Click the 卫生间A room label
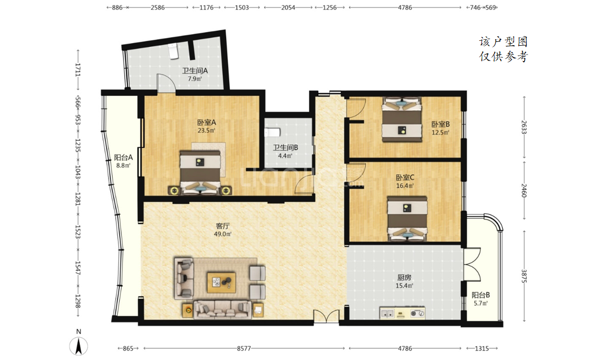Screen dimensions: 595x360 195,71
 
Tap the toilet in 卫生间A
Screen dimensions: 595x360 173,51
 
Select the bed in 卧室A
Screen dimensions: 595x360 200,173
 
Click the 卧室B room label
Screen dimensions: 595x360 440,124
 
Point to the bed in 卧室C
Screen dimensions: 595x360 407,218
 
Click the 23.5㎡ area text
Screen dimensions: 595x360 206,131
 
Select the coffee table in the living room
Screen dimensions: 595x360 221,282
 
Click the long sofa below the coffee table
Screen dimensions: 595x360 222,309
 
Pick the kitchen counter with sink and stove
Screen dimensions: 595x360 403,313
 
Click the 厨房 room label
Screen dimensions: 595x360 405,278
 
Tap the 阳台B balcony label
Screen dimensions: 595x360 481,295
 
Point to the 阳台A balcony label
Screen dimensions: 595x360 124,157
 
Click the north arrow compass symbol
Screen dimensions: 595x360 78,346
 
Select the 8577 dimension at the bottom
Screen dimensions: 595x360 244,348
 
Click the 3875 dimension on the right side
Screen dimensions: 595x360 524,276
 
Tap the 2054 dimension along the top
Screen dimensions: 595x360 288,7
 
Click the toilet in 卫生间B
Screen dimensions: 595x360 272,132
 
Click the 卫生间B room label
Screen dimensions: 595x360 285,148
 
